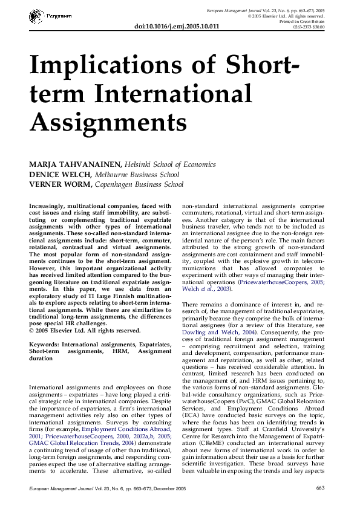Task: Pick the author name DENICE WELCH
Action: pyautogui.click(x=58, y=174)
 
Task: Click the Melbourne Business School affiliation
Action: pyautogui.click(x=134, y=174)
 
